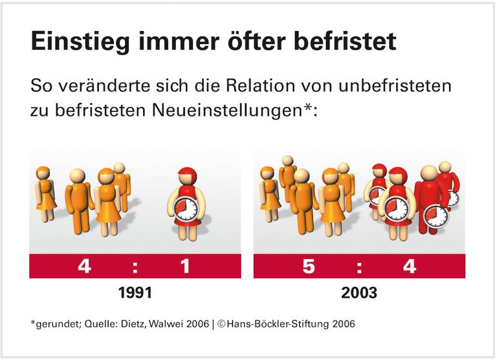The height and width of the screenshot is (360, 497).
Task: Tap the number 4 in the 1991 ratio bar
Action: [84, 266]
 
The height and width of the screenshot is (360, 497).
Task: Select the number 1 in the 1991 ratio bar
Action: [186, 266]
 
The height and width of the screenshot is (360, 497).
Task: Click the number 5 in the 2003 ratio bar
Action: [309, 266]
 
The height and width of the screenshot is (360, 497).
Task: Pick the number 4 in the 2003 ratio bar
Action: [410, 266]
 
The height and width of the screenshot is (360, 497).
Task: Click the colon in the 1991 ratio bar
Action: [135, 266]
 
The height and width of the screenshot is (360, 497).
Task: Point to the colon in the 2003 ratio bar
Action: [359, 266]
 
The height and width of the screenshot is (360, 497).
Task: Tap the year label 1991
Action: [135, 293]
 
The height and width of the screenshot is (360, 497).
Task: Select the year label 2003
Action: [359, 293]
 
